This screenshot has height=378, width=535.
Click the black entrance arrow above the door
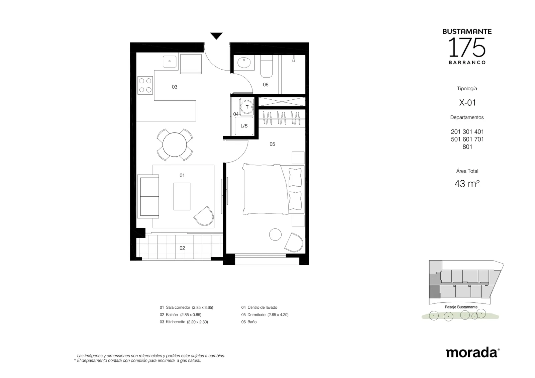point(216,36)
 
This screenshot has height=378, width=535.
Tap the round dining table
point(175,145)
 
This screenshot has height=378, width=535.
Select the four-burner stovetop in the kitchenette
point(145,85)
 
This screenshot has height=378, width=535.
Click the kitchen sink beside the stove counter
point(170,62)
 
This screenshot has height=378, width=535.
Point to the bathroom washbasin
point(244,63)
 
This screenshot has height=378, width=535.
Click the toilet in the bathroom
point(266,66)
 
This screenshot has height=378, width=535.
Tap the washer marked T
point(247,107)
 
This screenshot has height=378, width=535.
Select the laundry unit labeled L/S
point(244,126)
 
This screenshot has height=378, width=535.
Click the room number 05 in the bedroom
point(272,144)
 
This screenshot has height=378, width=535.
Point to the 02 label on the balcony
point(182,248)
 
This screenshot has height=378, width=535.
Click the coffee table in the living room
point(182,196)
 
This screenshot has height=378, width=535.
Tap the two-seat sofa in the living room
point(148,196)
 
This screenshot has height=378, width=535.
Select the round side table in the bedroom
point(276,234)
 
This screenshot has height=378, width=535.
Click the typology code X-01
point(467,102)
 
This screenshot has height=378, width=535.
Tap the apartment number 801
point(467,147)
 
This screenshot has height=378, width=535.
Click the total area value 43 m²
point(467,184)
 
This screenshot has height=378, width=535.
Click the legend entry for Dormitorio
point(265,315)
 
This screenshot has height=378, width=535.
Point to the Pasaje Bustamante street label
point(461,307)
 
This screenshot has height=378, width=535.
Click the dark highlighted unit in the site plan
point(435,291)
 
